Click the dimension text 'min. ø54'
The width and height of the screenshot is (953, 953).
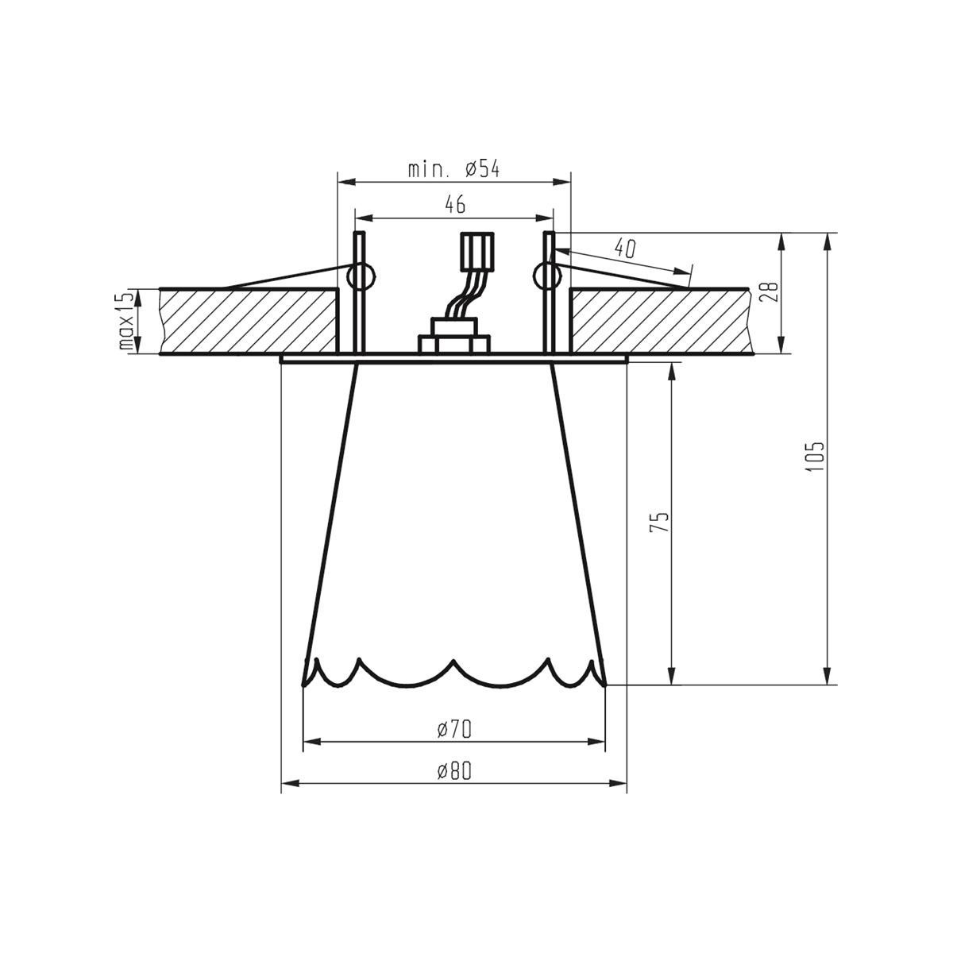click(453, 169)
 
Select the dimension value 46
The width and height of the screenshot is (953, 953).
click(453, 205)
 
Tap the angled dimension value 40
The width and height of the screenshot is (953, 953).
click(626, 249)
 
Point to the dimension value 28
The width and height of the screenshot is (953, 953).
click(766, 292)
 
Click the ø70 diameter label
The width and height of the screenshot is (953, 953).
click(454, 728)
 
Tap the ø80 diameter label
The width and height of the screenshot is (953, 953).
click(454, 770)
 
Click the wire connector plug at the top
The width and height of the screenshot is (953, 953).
click(477, 253)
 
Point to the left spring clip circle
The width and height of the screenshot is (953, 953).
click(362, 276)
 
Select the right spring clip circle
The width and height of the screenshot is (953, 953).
click(546, 276)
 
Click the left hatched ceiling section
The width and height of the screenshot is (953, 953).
click(250, 321)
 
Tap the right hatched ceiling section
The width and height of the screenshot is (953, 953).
click(659, 321)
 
